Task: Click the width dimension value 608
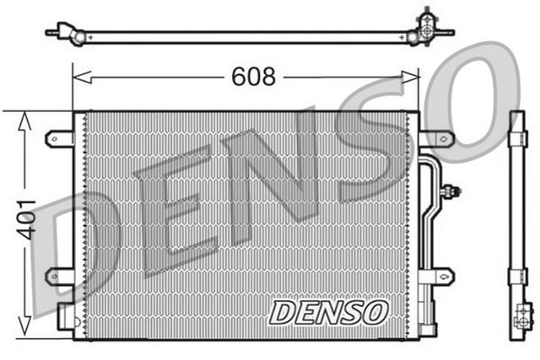tap(254, 78)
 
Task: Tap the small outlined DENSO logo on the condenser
tap(328, 312)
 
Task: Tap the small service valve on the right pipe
tap(453, 191)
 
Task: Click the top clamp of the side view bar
tap(517, 139)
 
